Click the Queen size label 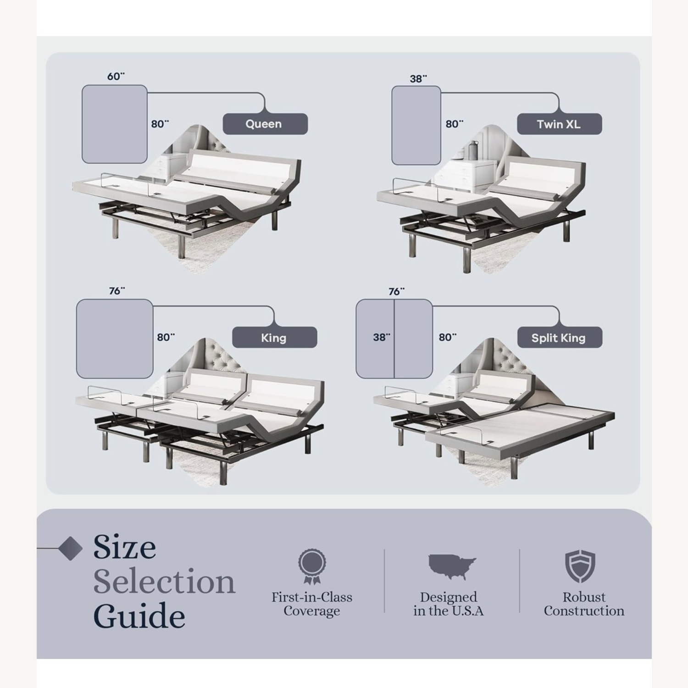click(x=265, y=124)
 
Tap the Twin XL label click(x=559, y=124)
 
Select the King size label click(x=274, y=338)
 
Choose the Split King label click(x=559, y=338)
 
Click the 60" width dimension click(x=116, y=76)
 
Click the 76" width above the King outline click(x=117, y=291)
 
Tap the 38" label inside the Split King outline click(x=381, y=337)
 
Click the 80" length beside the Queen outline click(x=160, y=124)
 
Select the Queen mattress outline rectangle click(x=114, y=124)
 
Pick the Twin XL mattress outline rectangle click(x=416, y=125)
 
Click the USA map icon click(x=452, y=566)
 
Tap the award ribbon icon click(x=312, y=566)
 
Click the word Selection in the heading click(x=164, y=582)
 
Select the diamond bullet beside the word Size click(x=71, y=548)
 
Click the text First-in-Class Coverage click(x=312, y=604)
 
